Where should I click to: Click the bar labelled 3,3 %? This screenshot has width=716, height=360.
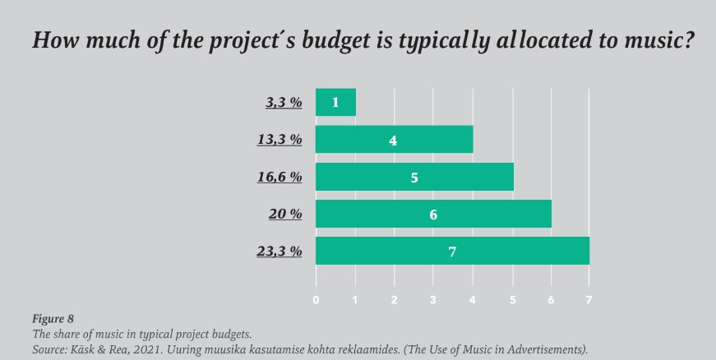tap(335, 103)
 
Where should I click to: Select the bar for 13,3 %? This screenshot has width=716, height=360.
tap(394, 140)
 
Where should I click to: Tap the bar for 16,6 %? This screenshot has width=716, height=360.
tap(413, 177)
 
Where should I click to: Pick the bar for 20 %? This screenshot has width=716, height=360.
tap(433, 214)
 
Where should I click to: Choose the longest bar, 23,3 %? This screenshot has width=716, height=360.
tap(452, 251)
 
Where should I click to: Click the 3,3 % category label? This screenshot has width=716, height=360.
tap(283, 103)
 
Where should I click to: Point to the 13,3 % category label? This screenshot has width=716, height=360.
tap(279, 140)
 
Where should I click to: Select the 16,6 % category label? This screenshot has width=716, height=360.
tap(279, 177)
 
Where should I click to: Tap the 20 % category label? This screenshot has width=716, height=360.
tap(285, 214)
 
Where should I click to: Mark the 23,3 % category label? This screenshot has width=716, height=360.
tap(279, 251)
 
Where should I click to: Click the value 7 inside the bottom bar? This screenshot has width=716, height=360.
tap(452, 252)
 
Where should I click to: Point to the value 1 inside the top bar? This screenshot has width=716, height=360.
tap(335, 103)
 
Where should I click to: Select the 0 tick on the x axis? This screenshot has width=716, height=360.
tap(316, 300)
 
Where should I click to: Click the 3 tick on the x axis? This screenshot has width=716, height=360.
tap(433, 300)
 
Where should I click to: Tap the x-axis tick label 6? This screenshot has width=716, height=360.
tap(551, 300)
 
